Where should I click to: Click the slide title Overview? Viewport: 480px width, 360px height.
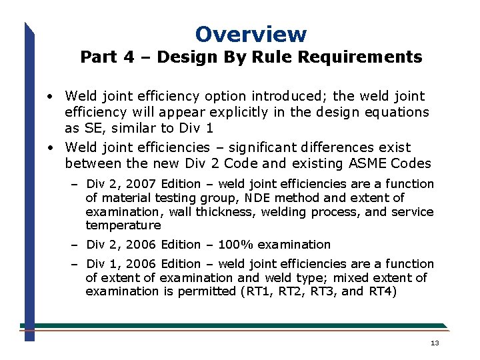coord(251,34)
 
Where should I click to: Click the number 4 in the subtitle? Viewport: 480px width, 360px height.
coord(128,57)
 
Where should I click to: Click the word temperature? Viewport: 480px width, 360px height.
coord(123,226)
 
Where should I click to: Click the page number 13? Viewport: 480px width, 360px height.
coord(435,343)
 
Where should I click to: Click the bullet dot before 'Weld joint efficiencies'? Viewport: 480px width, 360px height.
coord(51,148)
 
